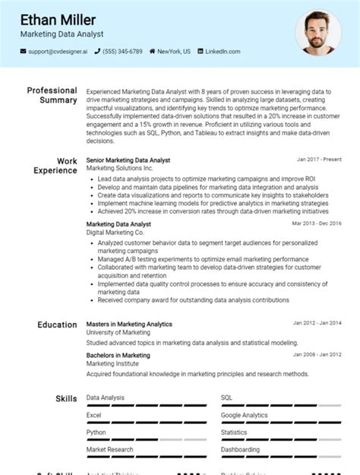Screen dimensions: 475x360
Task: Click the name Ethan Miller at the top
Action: [58, 19]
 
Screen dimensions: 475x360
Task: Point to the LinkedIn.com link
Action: [223, 52]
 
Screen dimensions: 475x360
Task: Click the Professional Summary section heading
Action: [52, 95]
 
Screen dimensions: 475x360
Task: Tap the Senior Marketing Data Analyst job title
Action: [128, 160]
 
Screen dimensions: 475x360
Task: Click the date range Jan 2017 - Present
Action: [319, 160]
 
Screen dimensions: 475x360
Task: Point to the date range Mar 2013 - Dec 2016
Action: [317, 224]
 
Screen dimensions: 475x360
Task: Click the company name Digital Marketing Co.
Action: [115, 232]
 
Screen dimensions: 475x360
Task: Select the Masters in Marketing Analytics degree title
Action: [129, 324]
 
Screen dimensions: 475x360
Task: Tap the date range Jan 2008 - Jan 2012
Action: [317, 355]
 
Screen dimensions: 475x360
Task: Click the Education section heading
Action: [57, 325]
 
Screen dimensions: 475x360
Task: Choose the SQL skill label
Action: [226, 397]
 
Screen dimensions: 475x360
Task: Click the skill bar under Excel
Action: [147, 423]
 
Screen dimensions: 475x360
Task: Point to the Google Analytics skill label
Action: [244, 415]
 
